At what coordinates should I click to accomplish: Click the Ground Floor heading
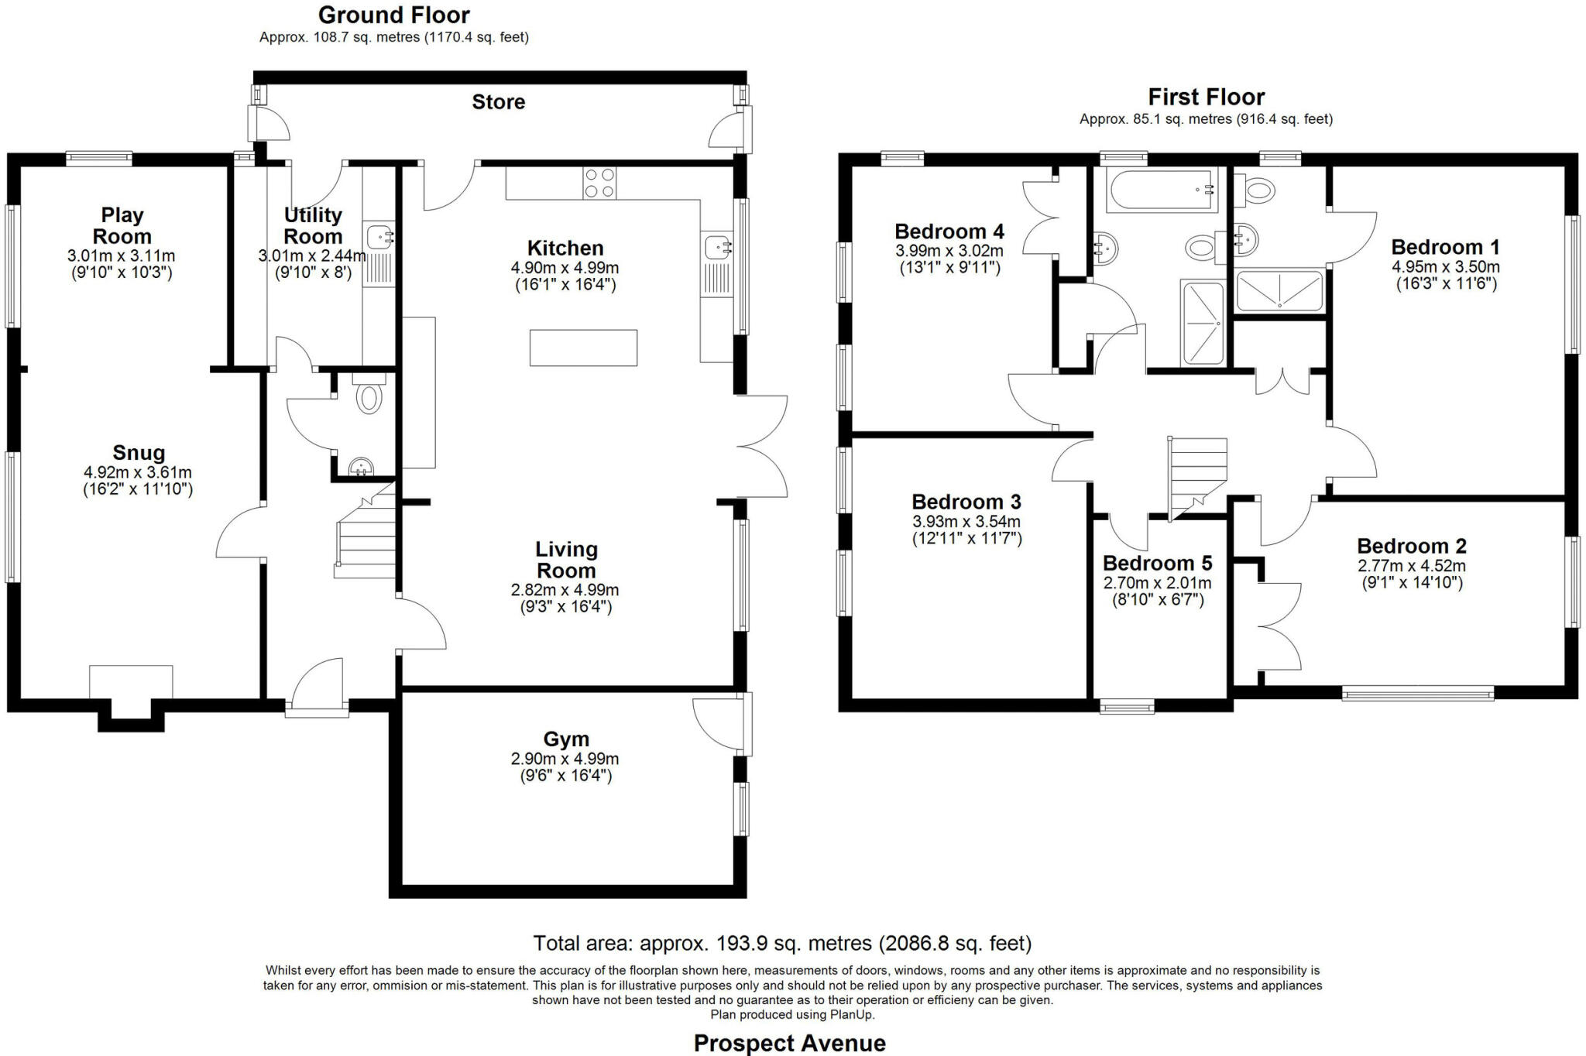(393, 15)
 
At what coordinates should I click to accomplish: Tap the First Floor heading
(1206, 97)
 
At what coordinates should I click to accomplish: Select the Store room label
(498, 101)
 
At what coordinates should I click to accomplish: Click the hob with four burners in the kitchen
(599, 183)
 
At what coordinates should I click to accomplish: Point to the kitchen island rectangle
(583, 348)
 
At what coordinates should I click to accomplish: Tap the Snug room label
(139, 453)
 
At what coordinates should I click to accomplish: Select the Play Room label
(122, 225)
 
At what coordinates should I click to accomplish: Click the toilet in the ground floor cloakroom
(369, 396)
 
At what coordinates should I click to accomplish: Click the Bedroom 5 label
(1157, 563)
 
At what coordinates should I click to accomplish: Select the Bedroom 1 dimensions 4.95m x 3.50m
(1445, 267)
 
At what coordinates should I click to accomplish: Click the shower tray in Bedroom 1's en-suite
(1279, 291)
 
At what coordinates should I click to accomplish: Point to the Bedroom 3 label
(966, 502)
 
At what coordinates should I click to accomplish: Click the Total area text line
(782, 943)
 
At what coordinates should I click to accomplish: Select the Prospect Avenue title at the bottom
(789, 1043)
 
